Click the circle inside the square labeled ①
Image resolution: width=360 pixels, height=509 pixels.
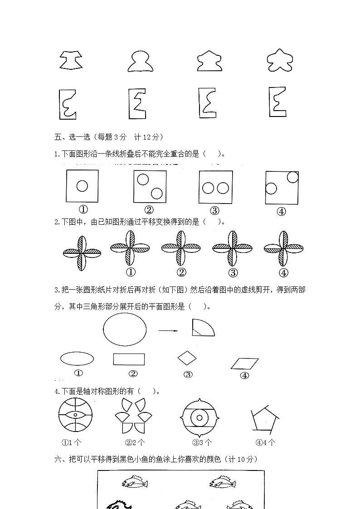pos(82,186)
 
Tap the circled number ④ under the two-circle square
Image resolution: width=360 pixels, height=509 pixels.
pos(281,211)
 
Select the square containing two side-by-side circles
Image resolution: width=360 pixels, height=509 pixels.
pos(215,187)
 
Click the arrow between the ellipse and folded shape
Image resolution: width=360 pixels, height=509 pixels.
pos(168,330)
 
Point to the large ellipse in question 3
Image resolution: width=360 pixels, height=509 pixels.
pos(125,330)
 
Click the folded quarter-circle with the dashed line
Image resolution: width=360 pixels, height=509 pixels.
pos(202,328)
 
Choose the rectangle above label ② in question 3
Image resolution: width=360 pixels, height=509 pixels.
pos(129,359)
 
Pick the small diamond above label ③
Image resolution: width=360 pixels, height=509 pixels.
pos(187,358)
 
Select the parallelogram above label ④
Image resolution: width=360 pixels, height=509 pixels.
pos(245,364)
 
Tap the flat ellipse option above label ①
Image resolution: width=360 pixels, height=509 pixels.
pos(77,359)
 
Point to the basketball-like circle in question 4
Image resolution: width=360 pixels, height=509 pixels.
pos(75,415)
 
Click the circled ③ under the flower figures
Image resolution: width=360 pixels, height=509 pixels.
pos(233,272)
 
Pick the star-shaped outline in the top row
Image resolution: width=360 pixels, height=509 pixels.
pos(280,61)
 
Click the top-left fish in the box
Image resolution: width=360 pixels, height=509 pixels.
pos(135,482)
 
